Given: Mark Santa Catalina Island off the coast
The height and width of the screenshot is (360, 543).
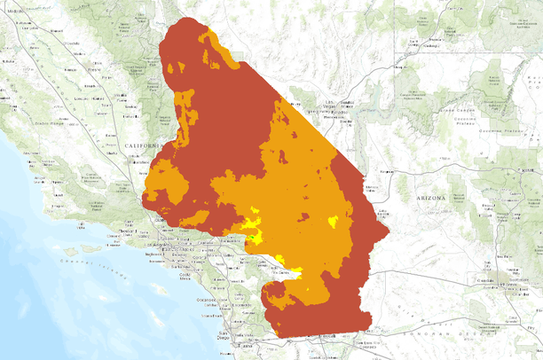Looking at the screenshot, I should (x=159, y=288).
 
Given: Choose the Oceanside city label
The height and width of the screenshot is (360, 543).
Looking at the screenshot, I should (x=210, y=303).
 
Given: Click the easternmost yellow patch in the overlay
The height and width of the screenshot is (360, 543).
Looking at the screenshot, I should (x=334, y=221).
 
